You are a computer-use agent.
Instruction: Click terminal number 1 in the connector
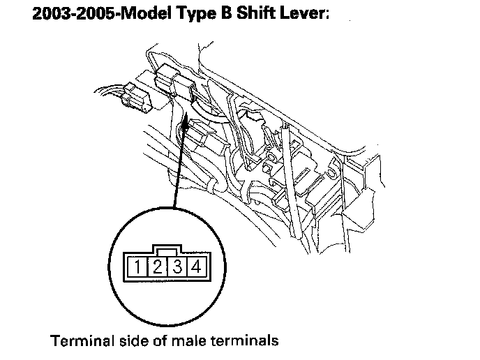[x=140, y=265]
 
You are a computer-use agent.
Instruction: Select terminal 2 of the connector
[x=158, y=265]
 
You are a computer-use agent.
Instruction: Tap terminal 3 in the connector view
[x=177, y=265]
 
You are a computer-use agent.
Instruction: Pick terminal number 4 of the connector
[x=195, y=265]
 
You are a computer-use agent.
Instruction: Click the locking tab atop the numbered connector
[x=168, y=248]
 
